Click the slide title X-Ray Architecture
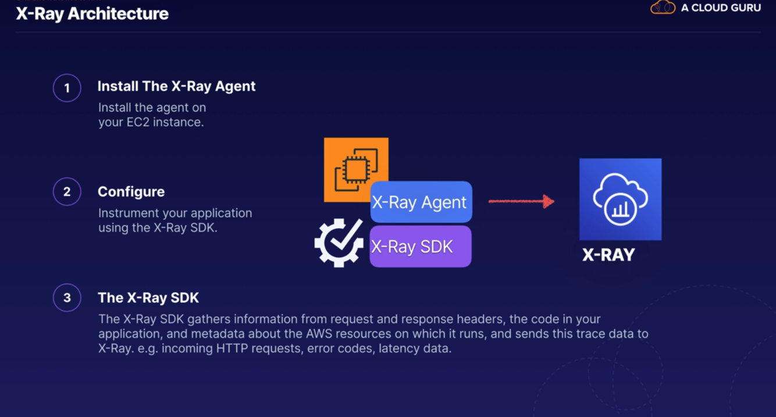pyautogui.click(x=92, y=14)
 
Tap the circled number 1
pyautogui.click(x=67, y=88)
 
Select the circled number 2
pyautogui.click(x=67, y=192)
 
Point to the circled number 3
pyautogui.click(x=67, y=298)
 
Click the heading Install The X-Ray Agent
pyautogui.click(x=176, y=86)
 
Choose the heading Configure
pyautogui.click(x=131, y=192)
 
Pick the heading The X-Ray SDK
pyautogui.click(x=148, y=298)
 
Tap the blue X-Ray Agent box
pyautogui.click(x=421, y=202)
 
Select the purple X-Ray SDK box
pyautogui.click(x=421, y=247)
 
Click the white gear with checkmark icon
pyautogui.click(x=339, y=243)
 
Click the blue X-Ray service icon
pyautogui.click(x=620, y=199)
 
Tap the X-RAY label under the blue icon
pyautogui.click(x=608, y=255)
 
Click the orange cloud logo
pyautogui.click(x=663, y=8)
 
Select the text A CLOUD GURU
pyautogui.click(x=721, y=8)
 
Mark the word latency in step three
pyautogui.click(x=400, y=349)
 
